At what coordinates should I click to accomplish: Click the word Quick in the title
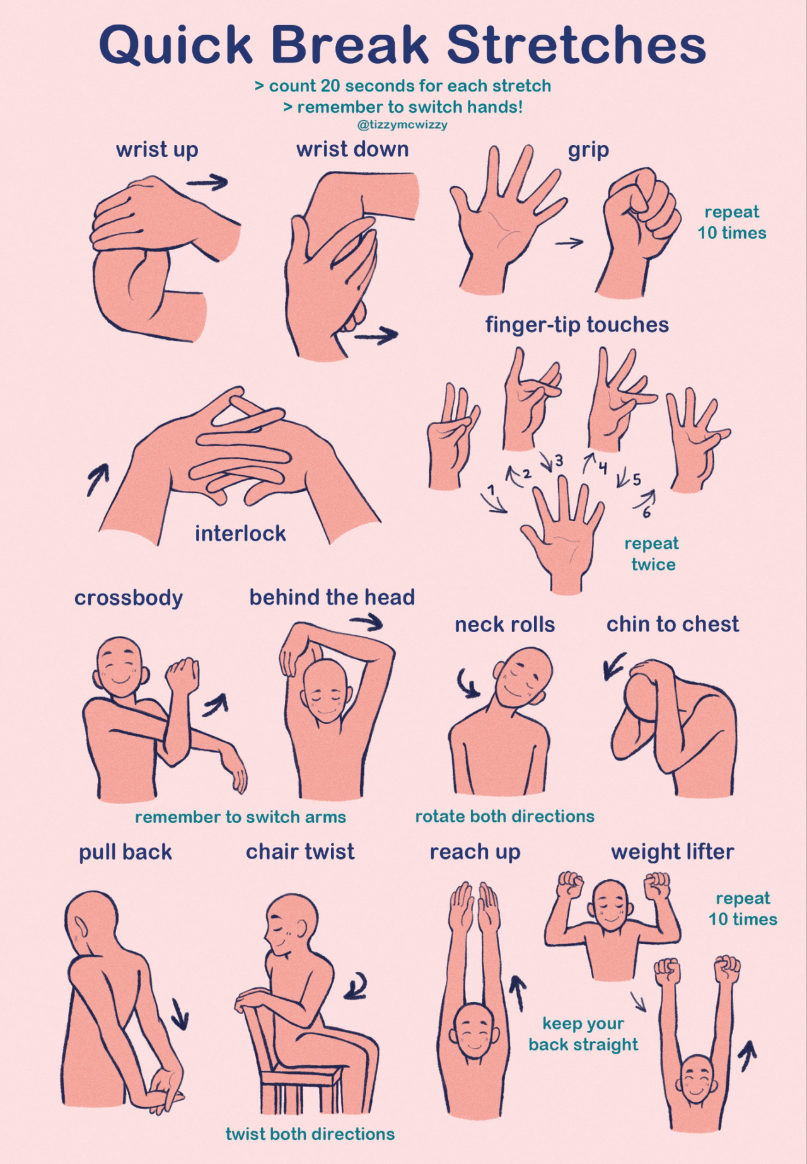[x=176, y=45]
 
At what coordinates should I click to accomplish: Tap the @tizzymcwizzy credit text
[x=402, y=125]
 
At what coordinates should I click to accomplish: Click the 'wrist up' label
[x=157, y=151]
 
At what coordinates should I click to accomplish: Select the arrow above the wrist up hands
[x=207, y=182]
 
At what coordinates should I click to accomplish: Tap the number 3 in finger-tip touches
[x=559, y=461]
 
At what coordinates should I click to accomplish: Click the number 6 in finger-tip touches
[x=646, y=513]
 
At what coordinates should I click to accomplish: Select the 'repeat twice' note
[x=652, y=554]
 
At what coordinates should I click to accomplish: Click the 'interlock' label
[x=240, y=534]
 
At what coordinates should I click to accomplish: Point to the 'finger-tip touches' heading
[x=577, y=325]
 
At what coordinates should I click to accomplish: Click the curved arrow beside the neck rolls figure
[x=467, y=683]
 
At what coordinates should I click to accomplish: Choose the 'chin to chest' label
[x=673, y=625]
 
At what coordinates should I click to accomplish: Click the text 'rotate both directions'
[x=504, y=817]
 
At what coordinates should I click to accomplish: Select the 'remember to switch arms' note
[x=240, y=817]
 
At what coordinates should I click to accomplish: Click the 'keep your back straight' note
[x=583, y=1035]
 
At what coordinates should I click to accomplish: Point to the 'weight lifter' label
[x=673, y=853]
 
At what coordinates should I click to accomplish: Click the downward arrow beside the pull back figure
[x=180, y=1013]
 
